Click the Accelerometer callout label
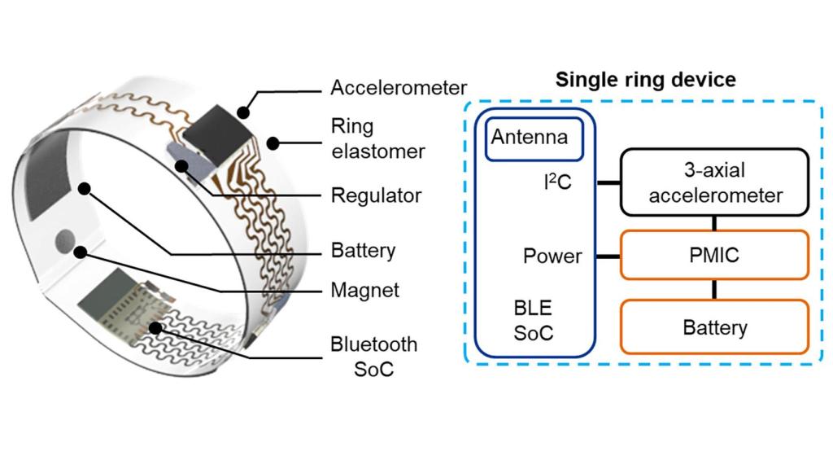click(399, 88)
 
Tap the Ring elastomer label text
click(377, 138)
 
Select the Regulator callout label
click(376, 195)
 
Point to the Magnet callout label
click(365, 291)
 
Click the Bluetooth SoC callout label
click(374, 357)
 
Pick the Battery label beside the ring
click(363, 251)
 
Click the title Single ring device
click(645, 80)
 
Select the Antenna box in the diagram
click(534, 138)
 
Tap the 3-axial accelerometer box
click(714, 182)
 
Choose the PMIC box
click(714, 255)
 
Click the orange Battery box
click(714, 327)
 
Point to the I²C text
click(557, 182)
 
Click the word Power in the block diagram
click(552, 256)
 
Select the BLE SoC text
click(534, 321)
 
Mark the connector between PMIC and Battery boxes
click(714, 290)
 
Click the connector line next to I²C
click(608, 183)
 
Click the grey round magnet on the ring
click(65, 240)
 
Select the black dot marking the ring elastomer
click(273, 143)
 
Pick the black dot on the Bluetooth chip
click(155, 328)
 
